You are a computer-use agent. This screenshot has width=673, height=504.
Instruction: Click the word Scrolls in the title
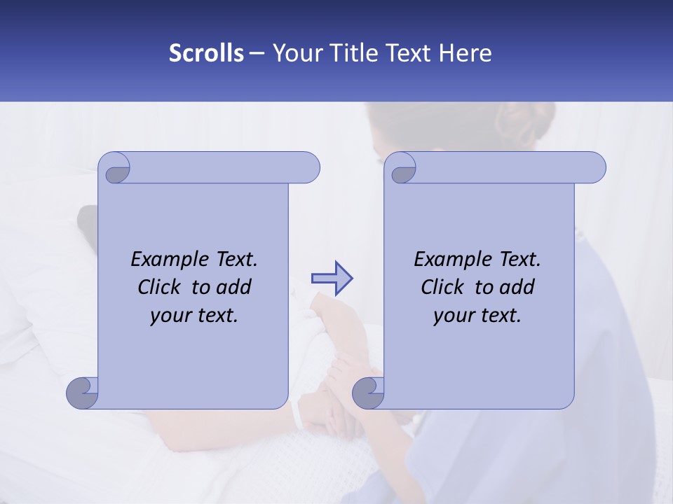[x=207, y=53]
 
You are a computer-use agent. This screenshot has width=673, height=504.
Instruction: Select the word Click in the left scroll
[x=162, y=287]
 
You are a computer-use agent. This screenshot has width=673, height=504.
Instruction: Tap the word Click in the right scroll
[x=445, y=287]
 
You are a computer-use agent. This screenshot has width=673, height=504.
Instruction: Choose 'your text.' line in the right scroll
[x=477, y=316]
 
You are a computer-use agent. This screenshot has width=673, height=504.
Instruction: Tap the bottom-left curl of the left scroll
[x=83, y=393]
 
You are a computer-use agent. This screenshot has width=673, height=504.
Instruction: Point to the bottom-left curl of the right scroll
[x=368, y=393]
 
